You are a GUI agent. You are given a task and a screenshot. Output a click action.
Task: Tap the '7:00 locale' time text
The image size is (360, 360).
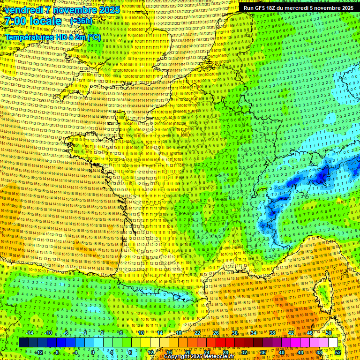tap(33, 21)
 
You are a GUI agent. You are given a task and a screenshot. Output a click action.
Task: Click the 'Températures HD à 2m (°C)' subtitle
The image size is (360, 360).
tap(52, 37)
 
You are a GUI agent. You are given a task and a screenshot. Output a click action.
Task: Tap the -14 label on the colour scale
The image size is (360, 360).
tap(29, 333)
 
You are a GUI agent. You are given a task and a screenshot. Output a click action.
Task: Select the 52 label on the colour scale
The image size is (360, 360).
tap(337, 352)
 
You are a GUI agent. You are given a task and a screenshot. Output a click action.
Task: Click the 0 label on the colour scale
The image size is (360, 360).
tap(92, 352)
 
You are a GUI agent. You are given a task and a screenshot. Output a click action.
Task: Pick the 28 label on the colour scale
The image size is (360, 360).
tap(225, 352)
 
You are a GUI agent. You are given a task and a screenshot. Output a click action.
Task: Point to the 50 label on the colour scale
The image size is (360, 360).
tap(328, 333)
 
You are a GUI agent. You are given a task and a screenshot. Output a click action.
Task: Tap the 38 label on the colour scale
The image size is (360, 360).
tap(272, 333)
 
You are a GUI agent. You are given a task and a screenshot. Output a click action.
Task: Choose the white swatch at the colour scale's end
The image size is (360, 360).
tap(333, 343)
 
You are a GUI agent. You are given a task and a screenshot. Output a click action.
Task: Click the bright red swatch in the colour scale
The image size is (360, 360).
tap(220, 343)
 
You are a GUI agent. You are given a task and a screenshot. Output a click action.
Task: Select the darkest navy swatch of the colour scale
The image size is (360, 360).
tap(23, 343)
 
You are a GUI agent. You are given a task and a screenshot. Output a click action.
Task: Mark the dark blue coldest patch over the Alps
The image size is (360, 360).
tap(322, 177)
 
